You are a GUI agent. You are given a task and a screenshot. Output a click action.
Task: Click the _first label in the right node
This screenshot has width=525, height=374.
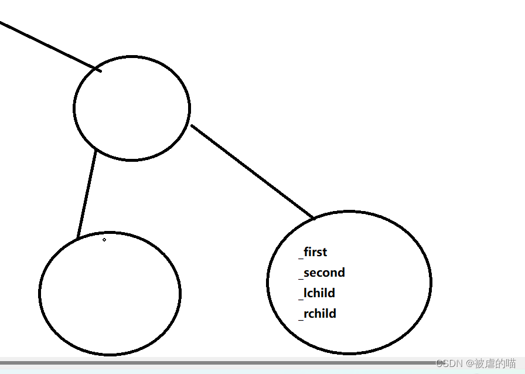tap(313, 252)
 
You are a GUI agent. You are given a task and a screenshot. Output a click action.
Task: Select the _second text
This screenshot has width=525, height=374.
tap(322, 273)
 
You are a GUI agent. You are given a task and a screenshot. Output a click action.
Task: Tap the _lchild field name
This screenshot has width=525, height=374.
tap(317, 293)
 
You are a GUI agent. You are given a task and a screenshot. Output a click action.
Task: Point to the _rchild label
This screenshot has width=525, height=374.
tap(318, 314)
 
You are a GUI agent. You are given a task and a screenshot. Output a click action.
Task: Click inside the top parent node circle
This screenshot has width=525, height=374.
tap(132, 108)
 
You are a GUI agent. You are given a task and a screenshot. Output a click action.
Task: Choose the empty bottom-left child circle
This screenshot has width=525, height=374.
tap(110, 293)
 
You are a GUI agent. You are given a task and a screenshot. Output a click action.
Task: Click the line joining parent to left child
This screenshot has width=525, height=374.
tap(87, 193)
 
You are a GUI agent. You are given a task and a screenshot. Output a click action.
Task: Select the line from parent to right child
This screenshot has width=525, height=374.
tap(252, 171)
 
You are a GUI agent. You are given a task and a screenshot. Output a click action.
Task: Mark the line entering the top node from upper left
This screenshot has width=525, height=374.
tap(47, 45)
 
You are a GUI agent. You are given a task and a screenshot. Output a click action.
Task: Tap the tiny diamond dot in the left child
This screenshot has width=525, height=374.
tap(104, 239)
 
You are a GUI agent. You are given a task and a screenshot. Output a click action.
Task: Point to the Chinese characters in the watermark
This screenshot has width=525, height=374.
tap(495, 363)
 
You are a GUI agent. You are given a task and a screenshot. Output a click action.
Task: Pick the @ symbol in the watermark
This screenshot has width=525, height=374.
tap(469, 363)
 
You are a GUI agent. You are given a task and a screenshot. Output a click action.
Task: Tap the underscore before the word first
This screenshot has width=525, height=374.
tap(301, 257)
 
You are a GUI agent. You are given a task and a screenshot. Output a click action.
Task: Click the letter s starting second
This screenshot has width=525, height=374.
tap(307, 273)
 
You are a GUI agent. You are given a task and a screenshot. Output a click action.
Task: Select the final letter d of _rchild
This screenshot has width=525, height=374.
tap(332, 314)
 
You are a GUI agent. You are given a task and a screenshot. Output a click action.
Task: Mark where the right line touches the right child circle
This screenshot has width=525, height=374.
tap(313, 217)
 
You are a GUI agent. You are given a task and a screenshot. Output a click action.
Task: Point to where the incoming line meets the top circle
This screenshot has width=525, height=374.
tap(98, 70)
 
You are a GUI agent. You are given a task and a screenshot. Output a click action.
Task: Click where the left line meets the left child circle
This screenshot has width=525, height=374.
tap(78, 237)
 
